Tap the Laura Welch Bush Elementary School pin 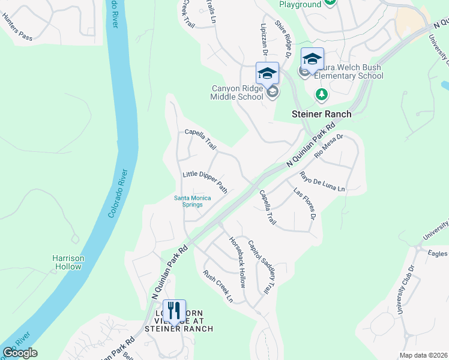pyautogui.click(x=312, y=59)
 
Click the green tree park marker pyautogui.click(x=322, y=94)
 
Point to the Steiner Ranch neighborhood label pyautogui.click(x=321, y=113)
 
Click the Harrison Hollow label pyautogui.click(x=68, y=263)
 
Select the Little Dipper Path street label pyautogui.click(x=205, y=182)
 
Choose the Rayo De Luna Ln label pyautogui.click(x=322, y=182)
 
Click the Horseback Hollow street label pyautogui.click(x=237, y=261)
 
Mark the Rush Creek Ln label pyautogui.click(x=217, y=286)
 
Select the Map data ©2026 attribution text pyautogui.click(x=423, y=355)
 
